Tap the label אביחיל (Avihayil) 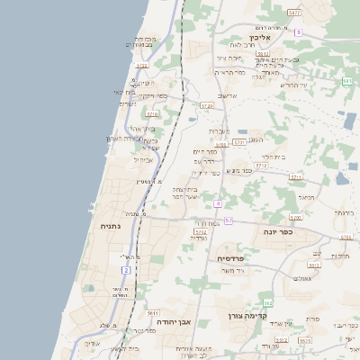tap(143, 160)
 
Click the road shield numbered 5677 tap(319, 13)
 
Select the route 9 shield tap(298, 32)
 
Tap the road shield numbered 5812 tap(263, 54)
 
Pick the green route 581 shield tap(347, 81)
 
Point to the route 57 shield tap(229, 220)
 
